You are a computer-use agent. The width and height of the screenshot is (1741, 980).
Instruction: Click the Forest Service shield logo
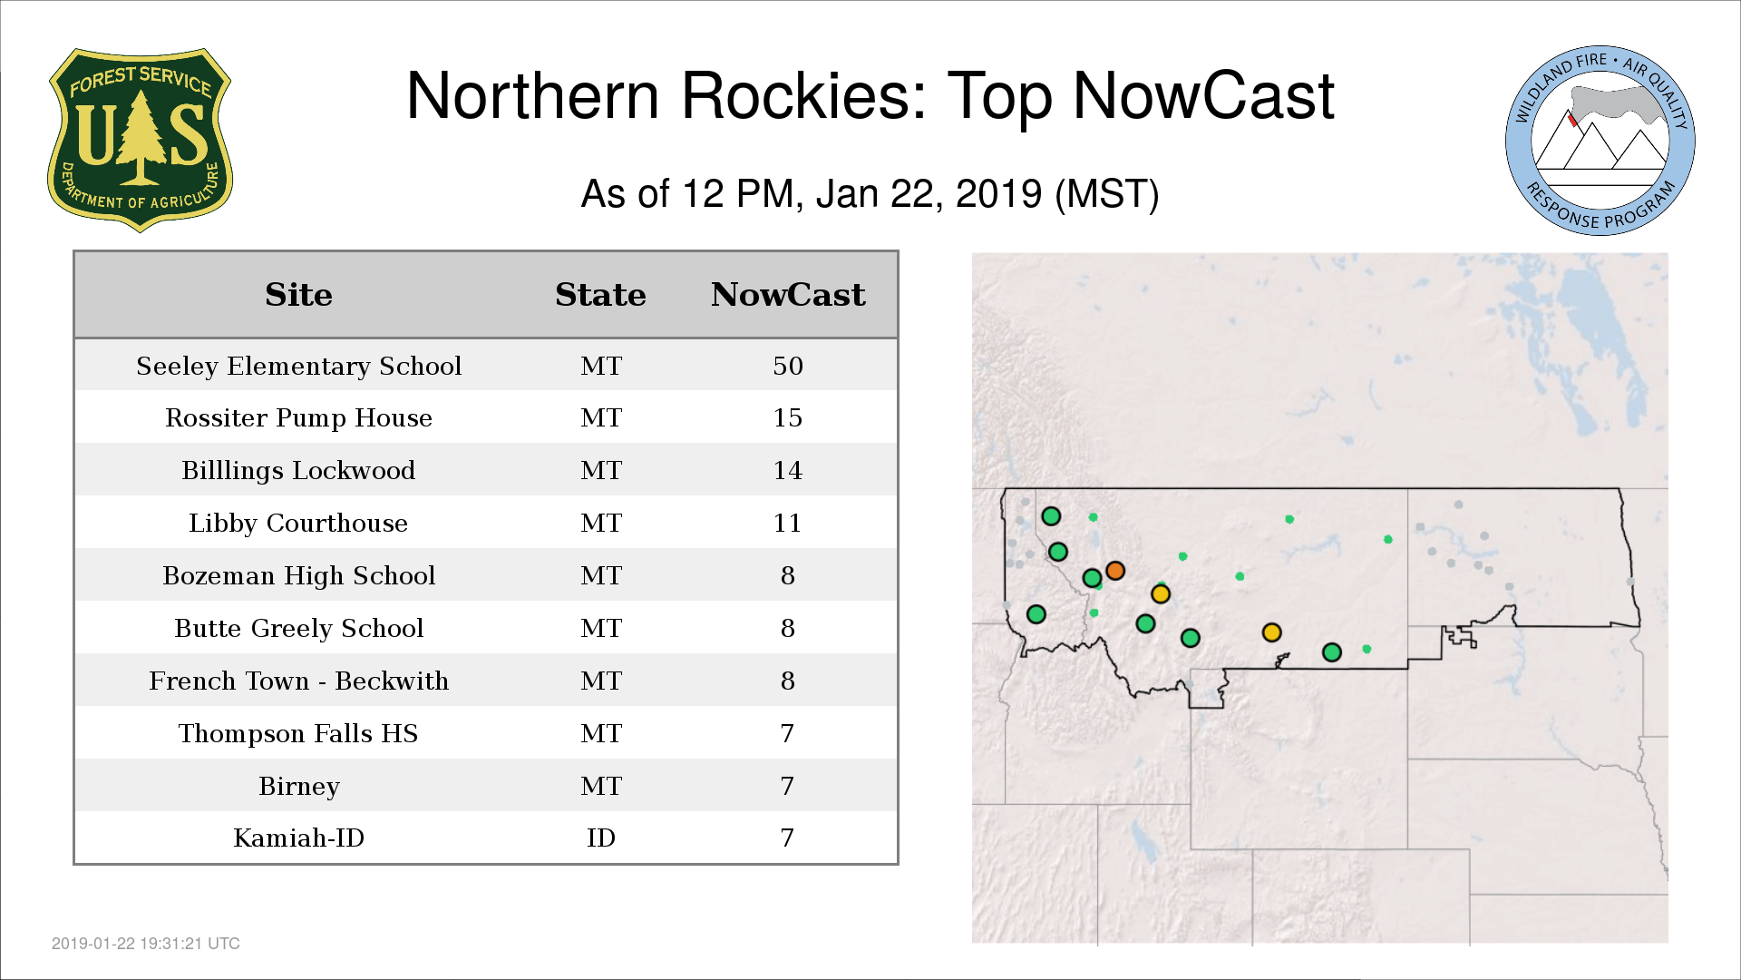(x=140, y=141)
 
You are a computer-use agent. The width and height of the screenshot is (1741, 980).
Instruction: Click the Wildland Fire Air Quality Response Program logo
(x=1600, y=141)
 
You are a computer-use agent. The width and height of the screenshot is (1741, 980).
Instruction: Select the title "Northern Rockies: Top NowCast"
(x=870, y=95)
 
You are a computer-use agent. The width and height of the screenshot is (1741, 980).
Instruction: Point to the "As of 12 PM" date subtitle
(x=870, y=194)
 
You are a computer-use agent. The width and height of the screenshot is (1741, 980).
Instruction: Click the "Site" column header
(x=298, y=295)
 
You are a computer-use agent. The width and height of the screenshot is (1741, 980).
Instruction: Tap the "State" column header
(x=600, y=295)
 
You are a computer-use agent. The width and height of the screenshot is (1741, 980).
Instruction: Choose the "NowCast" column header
(x=788, y=295)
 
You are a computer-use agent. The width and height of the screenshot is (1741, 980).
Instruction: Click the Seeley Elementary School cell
(x=298, y=366)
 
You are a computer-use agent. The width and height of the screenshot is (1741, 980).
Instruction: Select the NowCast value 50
(x=788, y=366)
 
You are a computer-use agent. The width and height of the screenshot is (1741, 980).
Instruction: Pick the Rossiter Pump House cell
(x=298, y=417)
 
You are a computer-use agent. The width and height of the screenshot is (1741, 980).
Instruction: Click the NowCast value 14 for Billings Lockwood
(x=788, y=470)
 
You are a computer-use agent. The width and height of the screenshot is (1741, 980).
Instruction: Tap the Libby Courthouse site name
(x=298, y=523)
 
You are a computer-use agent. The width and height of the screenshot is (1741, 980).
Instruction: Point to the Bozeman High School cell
(x=298, y=575)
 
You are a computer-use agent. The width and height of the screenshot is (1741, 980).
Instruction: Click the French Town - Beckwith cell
(x=298, y=681)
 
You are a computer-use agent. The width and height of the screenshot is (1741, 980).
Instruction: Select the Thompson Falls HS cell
(x=298, y=733)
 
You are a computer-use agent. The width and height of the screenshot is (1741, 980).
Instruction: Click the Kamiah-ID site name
(x=298, y=838)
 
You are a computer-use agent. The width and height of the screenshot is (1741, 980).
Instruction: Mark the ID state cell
(x=601, y=838)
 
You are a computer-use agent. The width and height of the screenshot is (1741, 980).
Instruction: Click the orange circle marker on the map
(x=1115, y=571)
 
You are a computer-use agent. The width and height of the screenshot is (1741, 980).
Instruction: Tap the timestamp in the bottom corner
(x=146, y=944)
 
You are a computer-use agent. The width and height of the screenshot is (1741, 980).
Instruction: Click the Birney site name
(x=298, y=786)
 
